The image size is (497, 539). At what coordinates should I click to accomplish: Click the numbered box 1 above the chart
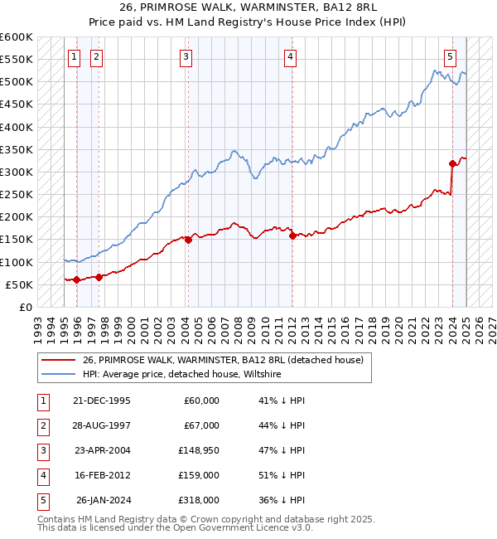click(75, 57)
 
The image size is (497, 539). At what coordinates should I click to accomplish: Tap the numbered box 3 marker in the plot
click(186, 57)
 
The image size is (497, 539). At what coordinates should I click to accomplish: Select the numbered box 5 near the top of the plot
click(450, 57)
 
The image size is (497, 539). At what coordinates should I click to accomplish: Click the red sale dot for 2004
click(188, 240)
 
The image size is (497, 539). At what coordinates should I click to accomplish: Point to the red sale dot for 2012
click(293, 236)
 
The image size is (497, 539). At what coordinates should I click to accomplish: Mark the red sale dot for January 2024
click(452, 163)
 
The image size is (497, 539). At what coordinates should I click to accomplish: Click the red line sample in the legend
click(58, 360)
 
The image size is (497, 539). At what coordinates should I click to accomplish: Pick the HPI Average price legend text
click(182, 375)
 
